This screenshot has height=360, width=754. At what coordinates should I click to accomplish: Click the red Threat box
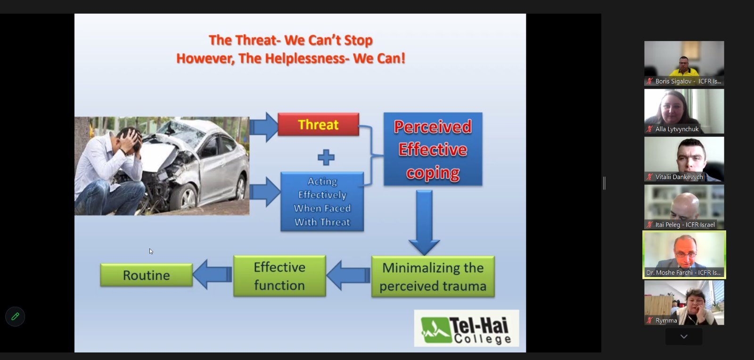coord(319,124)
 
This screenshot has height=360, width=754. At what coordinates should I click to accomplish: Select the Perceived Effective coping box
coord(433,149)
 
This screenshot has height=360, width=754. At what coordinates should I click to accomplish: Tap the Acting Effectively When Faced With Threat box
coord(322,202)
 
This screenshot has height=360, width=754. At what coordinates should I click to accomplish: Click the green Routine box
coord(147,275)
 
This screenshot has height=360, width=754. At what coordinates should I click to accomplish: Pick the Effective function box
coord(279,276)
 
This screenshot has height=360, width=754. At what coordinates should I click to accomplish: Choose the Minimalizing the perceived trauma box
coord(433,277)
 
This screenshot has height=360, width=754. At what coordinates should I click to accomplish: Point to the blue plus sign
coord(326,157)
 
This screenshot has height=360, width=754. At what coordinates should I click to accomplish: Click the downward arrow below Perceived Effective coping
coord(424,222)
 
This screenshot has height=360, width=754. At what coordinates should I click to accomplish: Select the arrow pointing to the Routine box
coord(213,274)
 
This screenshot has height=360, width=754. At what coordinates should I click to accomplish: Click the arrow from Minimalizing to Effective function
coord(348,275)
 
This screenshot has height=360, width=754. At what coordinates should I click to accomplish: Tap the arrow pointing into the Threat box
coord(264,127)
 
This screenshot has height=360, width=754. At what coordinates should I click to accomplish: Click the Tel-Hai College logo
coord(467,328)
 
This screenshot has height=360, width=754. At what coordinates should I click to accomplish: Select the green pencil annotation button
coord(15,317)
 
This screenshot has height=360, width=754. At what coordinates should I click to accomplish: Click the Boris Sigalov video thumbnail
coord(684,63)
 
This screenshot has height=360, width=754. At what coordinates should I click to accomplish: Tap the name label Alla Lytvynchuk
coord(677,129)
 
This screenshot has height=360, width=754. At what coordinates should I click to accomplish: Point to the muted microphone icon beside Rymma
coord(650,320)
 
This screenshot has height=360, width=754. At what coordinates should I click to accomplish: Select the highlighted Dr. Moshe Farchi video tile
coord(684,255)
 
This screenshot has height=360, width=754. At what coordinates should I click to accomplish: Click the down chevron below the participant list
coord(684,336)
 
